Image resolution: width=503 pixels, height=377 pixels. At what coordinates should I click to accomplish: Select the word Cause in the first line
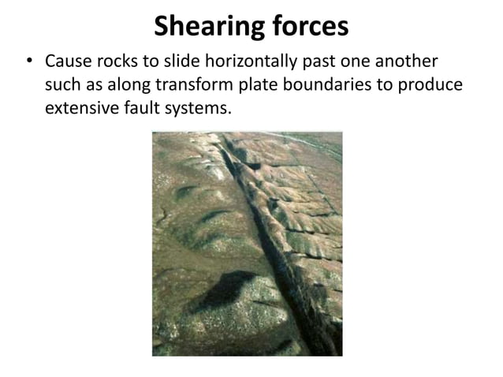(x=66, y=62)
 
